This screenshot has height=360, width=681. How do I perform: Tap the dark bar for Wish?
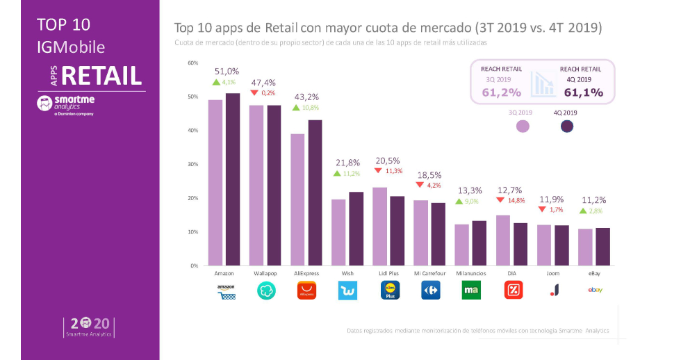point(356,229)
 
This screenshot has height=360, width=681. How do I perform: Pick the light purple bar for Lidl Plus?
point(379,227)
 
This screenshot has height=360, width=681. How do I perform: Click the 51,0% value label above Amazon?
point(227,71)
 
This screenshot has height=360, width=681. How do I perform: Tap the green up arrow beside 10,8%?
point(296,108)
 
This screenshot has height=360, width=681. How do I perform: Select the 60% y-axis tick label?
point(192,63)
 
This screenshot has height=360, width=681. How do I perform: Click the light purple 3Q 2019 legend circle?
point(523,126)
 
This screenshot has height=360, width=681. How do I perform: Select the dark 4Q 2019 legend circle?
point(567,126)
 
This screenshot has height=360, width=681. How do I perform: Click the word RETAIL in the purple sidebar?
point(101,75)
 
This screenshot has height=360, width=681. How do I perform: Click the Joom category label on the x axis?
point(553,274)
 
